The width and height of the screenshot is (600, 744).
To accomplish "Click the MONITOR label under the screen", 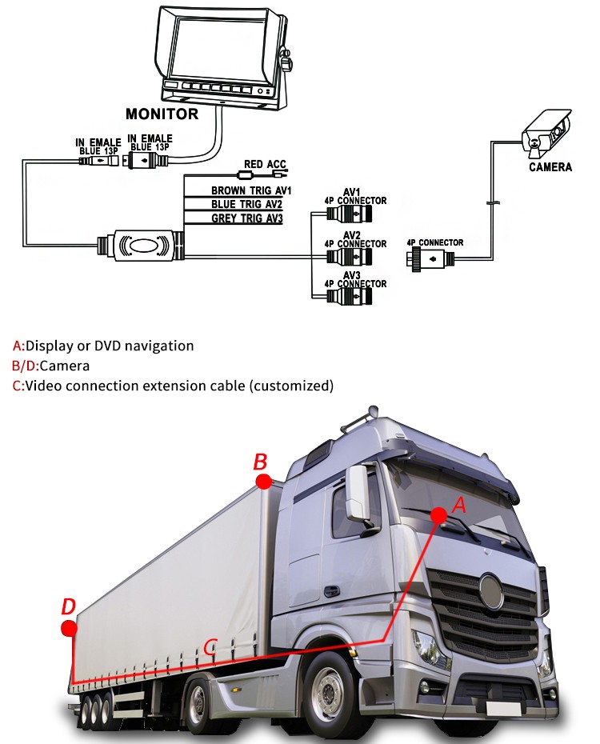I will pos(162,114).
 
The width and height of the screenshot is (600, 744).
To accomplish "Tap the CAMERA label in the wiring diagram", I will pos(550,167).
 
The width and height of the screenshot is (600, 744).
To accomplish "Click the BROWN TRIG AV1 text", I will pos(252,190).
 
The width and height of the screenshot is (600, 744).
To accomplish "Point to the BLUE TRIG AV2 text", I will pos(248,204).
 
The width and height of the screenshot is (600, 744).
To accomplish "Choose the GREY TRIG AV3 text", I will pos(248,218).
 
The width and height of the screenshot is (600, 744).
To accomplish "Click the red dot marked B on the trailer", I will pos(263,480).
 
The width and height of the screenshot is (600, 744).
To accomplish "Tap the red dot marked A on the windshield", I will pos(438,516).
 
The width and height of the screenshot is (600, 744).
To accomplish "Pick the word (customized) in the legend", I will pos(291,386).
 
